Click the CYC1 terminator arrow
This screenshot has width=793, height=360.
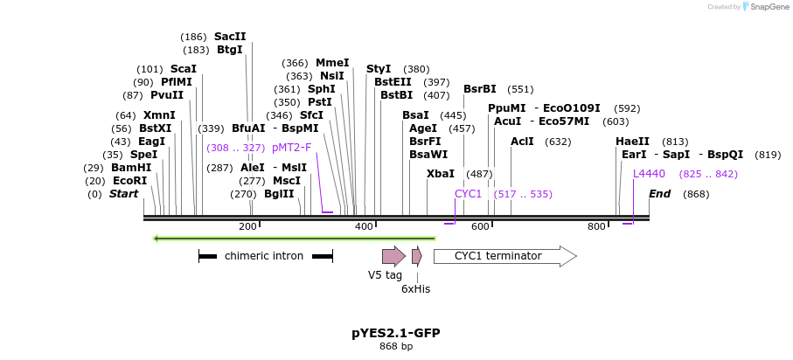click(504, 256)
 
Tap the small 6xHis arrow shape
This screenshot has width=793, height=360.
click(417, 256)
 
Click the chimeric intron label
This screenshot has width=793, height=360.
click(264, 256)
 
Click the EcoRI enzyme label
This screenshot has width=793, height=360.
click(129, 181)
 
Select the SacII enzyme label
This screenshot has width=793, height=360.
click(230, 37)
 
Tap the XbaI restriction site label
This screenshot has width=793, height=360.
click(441, 174)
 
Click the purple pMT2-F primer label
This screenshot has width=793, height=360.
click(292, 148)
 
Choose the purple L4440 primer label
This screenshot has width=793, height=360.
click(649, 173)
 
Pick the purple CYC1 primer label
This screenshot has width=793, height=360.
click(469, 193)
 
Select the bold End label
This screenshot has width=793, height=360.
click(659, 193)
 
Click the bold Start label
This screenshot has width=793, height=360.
click(123, 193)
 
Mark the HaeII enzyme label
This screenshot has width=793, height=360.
click(632, 141)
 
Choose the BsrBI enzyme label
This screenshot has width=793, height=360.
click(480, 89)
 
